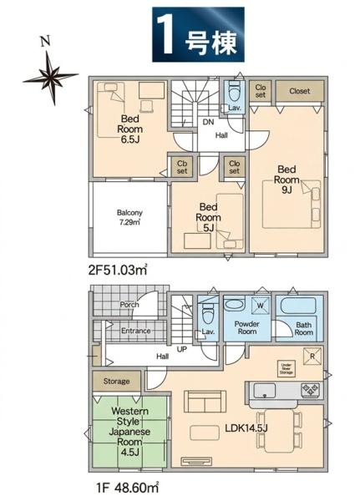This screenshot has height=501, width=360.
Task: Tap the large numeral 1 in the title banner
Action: tap(166, 35)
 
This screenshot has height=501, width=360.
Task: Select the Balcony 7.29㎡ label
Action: tap(129, 217)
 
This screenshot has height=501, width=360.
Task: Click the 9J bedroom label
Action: tap(286, 180)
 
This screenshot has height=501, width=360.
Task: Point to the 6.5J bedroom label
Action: tap(129, 129)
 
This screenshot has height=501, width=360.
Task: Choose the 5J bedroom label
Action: tap(208, 217)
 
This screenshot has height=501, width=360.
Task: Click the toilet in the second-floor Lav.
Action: tap(234, 90)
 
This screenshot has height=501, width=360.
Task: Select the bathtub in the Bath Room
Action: tap(298, 306)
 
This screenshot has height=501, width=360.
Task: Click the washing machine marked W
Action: tap(261, 306)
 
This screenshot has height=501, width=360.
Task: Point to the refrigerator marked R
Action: tap(312, 356)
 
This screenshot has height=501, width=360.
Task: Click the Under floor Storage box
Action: tap(286, 370)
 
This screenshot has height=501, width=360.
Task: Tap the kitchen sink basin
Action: tap(265, 391)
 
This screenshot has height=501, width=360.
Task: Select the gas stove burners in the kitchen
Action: tap(310, 390)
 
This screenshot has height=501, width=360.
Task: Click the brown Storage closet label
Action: tap(116, 382)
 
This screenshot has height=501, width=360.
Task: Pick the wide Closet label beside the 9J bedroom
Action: tap(300, 91)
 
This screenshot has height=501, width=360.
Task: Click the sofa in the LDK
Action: tap(205, 402)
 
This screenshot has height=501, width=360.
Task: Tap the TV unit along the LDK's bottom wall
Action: tap(196, 461)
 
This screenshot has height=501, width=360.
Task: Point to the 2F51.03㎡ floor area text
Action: tap(117, 270)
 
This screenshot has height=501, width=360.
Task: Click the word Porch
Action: tap(129, 305)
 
